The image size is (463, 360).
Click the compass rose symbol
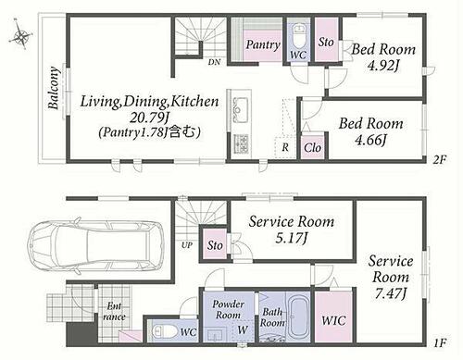tap(20, 35)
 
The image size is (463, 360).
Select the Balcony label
tap(54, 88)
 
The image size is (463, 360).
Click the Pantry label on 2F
tap(263, 45)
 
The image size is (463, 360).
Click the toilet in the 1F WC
tap(165, 331)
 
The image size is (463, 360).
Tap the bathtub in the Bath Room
tap(298, 317)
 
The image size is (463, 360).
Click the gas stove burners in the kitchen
tap(241, 144)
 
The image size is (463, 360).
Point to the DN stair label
tap(214, 62)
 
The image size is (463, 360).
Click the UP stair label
tap(187, 245)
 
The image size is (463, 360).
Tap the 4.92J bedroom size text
tap(383, 66)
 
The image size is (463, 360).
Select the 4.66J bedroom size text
tap(370, 140)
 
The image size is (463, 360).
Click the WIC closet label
tap(333, 320)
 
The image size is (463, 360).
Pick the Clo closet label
tap(312, 148)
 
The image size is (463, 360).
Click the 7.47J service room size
tap(391, 293)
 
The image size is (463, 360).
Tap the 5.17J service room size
tap(292, 238)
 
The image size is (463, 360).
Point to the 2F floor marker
tap(440, 160)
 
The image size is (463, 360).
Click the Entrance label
tap(114, 312)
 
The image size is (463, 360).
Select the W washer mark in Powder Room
tap(243, 329)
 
